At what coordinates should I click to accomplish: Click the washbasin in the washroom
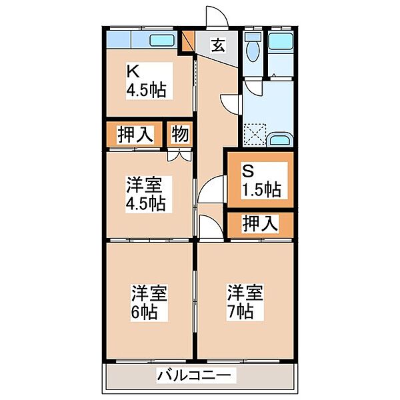(x=279, y=141)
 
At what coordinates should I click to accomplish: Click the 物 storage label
(x=180, y=134)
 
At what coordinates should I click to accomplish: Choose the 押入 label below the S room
(x=259, y=224)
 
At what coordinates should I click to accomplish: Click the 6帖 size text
(x=145, y=312)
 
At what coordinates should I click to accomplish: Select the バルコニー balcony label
(x=196, y=375)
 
